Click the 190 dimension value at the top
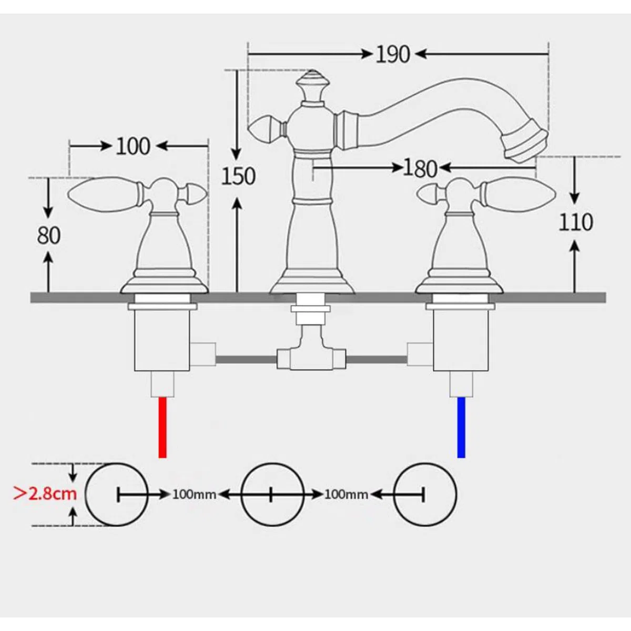tap(393, 54)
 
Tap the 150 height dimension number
tap(238, 176)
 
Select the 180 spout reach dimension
tap(420, 168)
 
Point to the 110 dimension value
tap(576, 222)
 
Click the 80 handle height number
tap(48, 236)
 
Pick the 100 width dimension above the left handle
tap(133, 146)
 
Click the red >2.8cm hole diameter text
tap(45, 493)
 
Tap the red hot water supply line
tap(162, 428)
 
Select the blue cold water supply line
tap(461, 428)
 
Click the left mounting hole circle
tap(86, 494)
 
